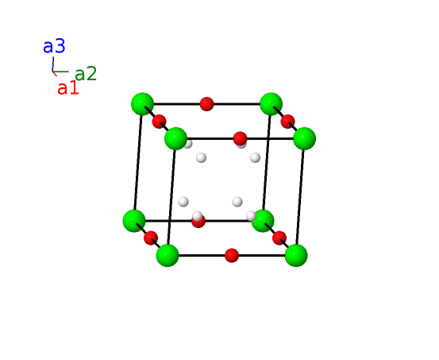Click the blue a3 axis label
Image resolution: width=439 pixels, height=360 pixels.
pyautogui.click(x=54, y=46)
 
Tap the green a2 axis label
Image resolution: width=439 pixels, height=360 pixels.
pyautogui.click(x=86, y=74)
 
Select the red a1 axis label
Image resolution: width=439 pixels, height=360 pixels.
pyautogui.click(x=67, y=87)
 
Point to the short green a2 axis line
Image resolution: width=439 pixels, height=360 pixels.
pyautogui.click(x=61, y=72)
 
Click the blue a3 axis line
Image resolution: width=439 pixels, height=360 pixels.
pyautogui.click(x=53, y=64)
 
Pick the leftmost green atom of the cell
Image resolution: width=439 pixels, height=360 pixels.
pyautogui.click(x=134, y=221)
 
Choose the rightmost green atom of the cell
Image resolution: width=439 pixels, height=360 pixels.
pyautogui.click(x=305, y=138)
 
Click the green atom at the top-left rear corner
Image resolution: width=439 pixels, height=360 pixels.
pyautogui.click(x=143, y=104)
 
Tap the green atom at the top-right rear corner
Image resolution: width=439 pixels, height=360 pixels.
pyautogui.click(x=271, y=104)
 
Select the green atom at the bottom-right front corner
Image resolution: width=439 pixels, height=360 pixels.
pyautogui.click(x=296, y=255)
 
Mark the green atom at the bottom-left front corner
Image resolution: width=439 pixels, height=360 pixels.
pyautogui.click(x=168, y=255)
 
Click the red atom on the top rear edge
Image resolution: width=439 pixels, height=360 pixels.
pyautogui.click(x=207, y=104)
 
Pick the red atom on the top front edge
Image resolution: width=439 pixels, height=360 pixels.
pyautogui.click(x=241, y=138)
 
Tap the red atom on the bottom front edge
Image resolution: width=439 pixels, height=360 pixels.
pyautogui.click(x=232, y=255)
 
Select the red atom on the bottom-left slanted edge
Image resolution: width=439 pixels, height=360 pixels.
pyautogui.click(x=151, y=238)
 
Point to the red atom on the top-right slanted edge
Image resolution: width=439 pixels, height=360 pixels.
pyautogui.click(x=288, y=122)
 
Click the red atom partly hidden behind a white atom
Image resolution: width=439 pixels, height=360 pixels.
pyautogui.click(x=198, y=221)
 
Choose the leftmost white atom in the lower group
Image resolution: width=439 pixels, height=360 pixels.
pyautogui.click(x=183, y=202)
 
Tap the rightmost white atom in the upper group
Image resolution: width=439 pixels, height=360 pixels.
pyautogui.click(x=255, y=157)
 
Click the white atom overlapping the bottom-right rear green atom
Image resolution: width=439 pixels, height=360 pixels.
pyautogui.click(x=251, y=216)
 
